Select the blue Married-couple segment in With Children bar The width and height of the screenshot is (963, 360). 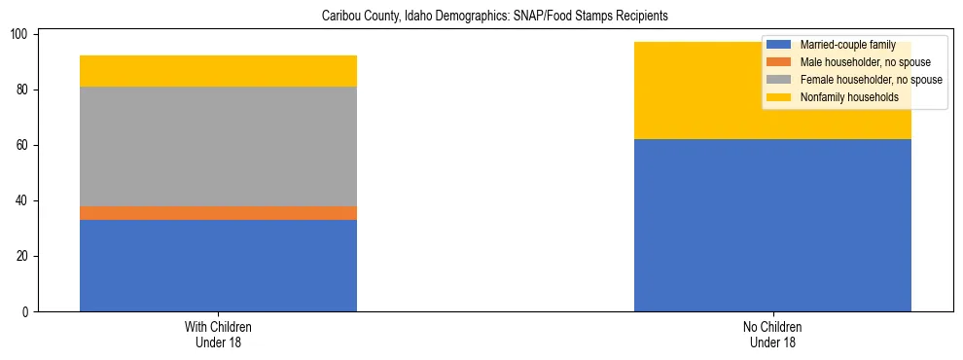point(218,266)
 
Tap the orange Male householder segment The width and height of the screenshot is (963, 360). point(218,213)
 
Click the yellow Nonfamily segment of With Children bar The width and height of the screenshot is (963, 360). point(218,71)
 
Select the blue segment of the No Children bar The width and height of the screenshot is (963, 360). point(772,225)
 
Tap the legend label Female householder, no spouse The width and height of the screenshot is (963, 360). point(871,80)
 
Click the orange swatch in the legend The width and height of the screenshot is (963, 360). point(779,62)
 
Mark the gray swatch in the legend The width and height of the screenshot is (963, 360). point(779,80)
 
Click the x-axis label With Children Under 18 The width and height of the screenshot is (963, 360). point(218,335)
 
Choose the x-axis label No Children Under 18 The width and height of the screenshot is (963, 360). point(772,335)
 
